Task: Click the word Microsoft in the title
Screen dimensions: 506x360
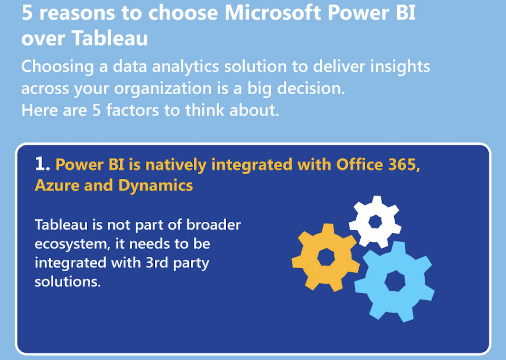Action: (x=273, y=13)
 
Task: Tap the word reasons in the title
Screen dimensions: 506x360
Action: (x=77, y=14)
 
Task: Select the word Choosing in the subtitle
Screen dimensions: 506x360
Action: (x=58, y=67)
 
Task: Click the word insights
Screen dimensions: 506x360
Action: (x=400, y=67)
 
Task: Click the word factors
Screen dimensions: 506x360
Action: (x=133, y=110)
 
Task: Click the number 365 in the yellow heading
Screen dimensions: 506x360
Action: (x=404, y=165)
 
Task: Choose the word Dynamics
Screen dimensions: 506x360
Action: (x=155, y=186)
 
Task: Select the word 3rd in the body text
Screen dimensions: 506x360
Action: (x=156, y=262)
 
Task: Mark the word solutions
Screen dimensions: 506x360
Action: (x=68, y=282)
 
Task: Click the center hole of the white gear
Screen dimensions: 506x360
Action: (x=375, y=222)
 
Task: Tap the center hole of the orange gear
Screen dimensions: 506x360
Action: (x=326, y=257)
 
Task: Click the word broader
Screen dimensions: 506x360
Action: (x=214, y=225)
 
